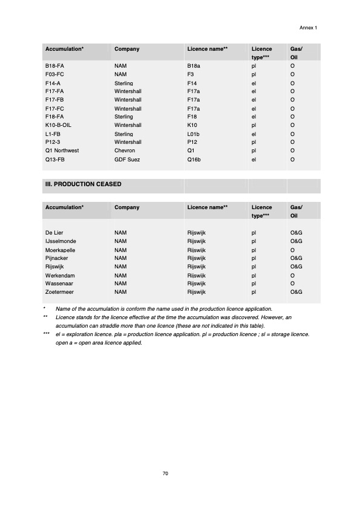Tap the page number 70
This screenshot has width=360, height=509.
click(x=165, y=473)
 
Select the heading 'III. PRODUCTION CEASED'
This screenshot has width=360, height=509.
click(x=83, y=184)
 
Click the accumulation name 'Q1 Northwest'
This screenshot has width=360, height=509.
click(x=62, y=151)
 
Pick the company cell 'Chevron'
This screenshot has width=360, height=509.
click(x=125, y=151)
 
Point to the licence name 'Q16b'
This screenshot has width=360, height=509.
click(x=195, y=160)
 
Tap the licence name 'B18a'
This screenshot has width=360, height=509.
click(x=194, y=64)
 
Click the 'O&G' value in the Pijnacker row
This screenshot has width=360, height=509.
click(x=296, y=258)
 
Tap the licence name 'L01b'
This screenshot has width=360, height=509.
click(x=194, y=134)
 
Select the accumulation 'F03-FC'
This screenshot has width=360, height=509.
click(x=55, y=74)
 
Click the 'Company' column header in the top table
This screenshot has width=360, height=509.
click(x=127, y=49)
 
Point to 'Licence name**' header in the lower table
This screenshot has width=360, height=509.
click(x=208, y=207)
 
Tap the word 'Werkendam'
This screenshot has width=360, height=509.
click(x=59, y=275)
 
